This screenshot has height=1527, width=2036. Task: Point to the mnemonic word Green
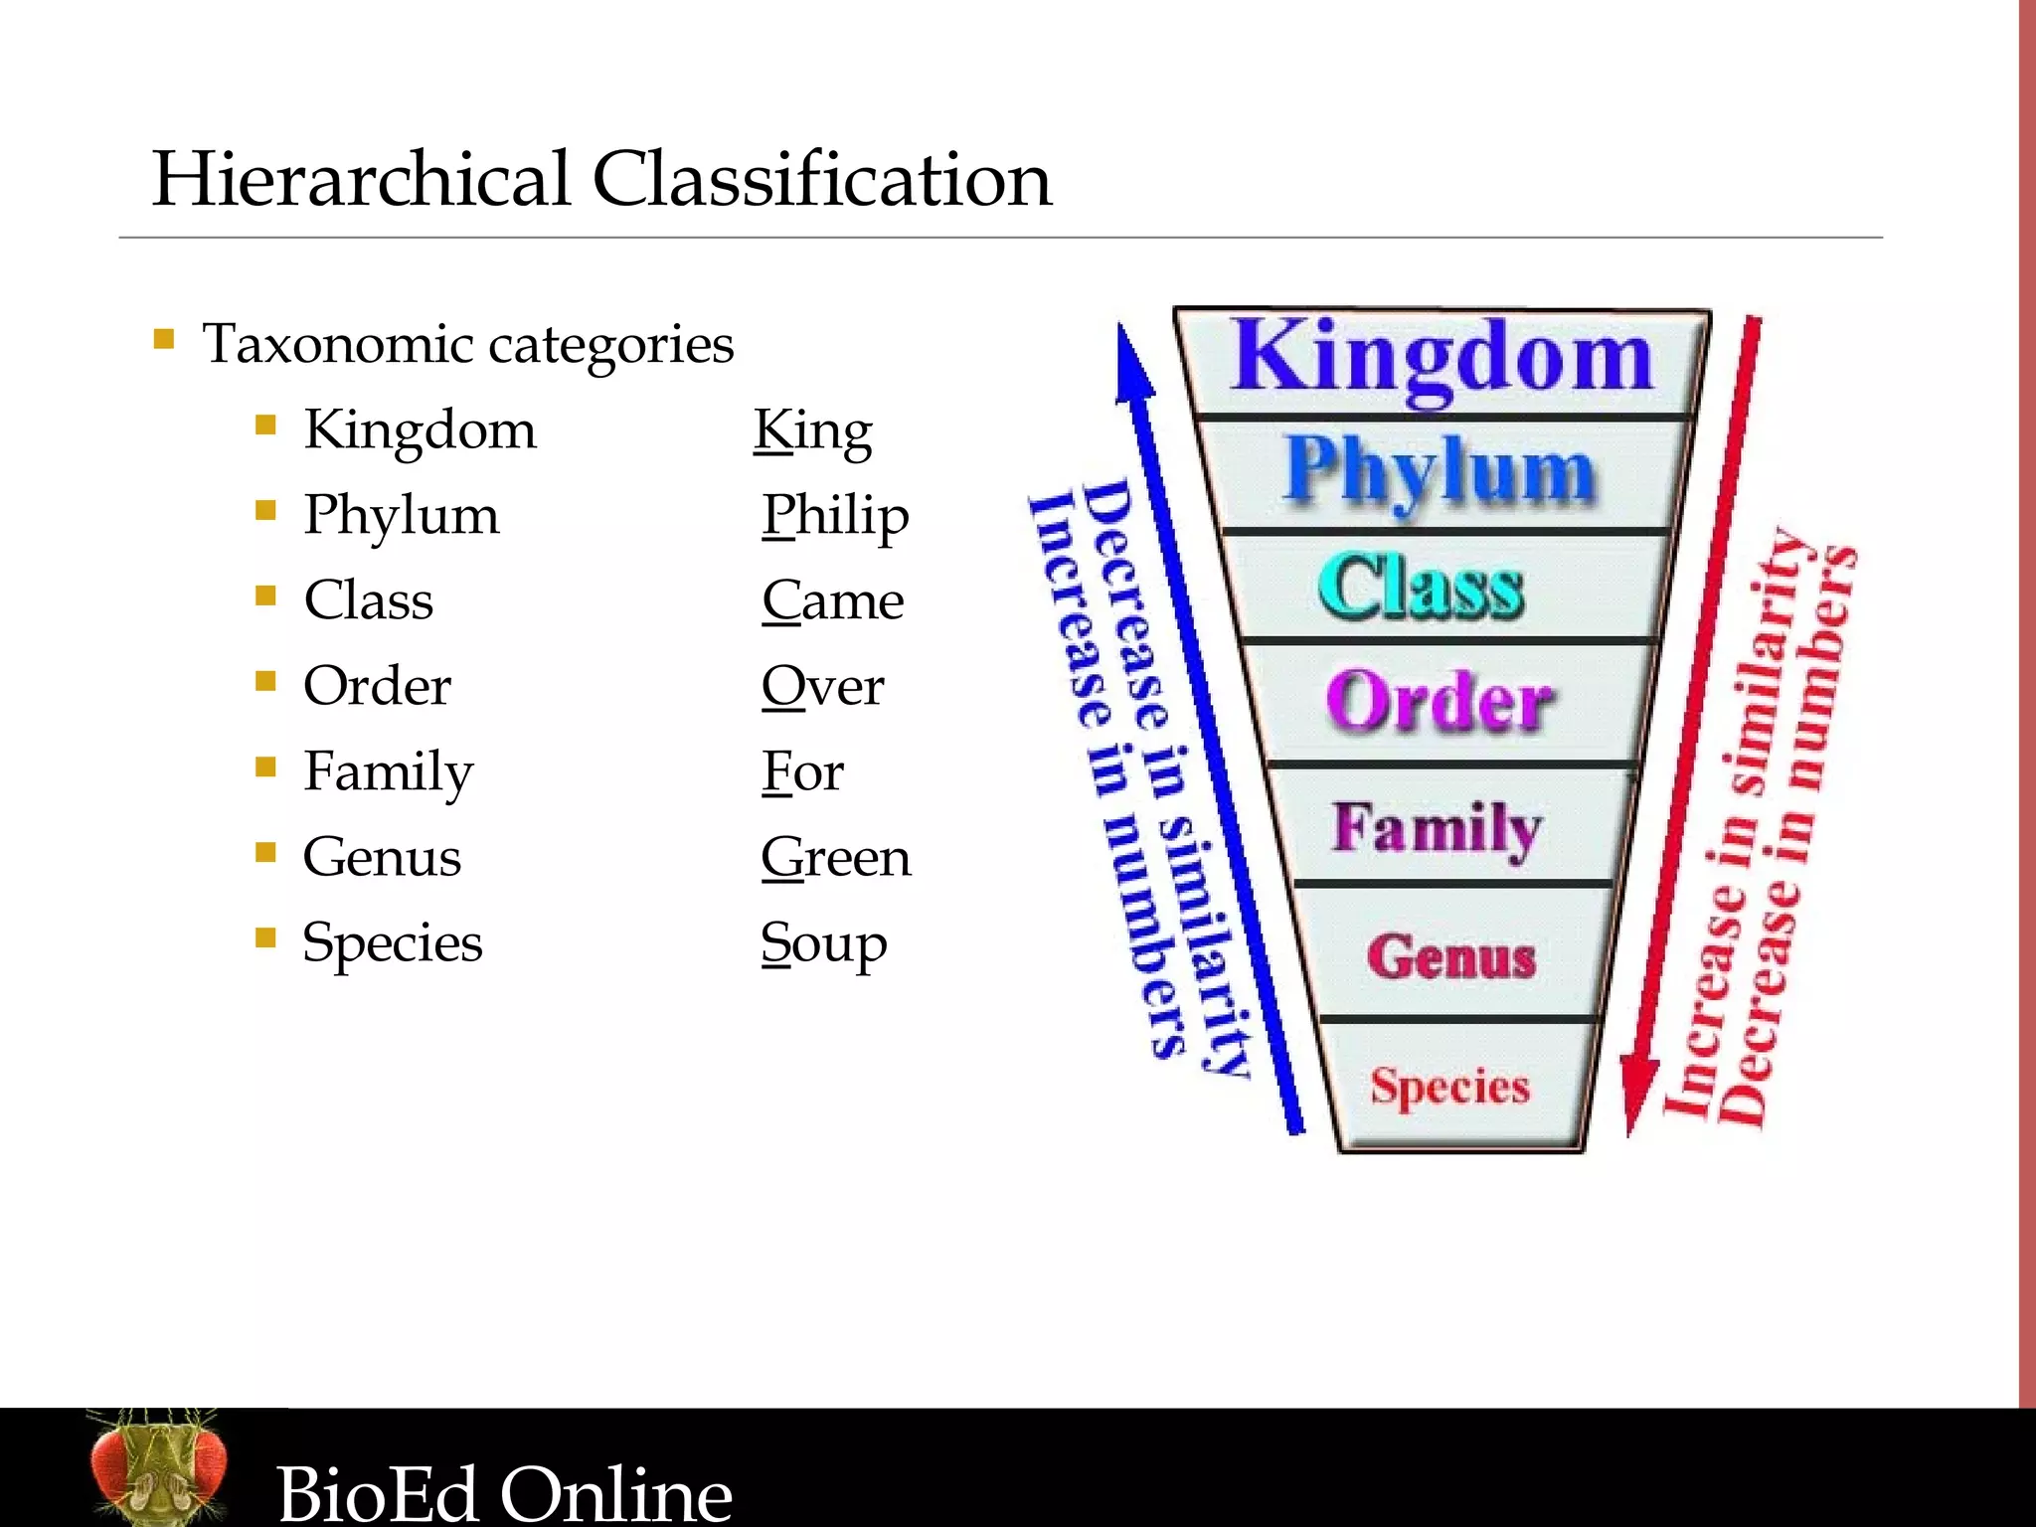click(x=835, y=857)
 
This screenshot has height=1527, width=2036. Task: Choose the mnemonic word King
click(x=813, y=431)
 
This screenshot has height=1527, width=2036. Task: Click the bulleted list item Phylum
click(x=402, y=515)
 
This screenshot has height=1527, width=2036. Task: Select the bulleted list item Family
click(x=389, y=772)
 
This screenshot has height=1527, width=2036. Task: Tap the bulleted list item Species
click(x=393, y=943)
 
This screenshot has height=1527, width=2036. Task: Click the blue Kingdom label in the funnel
click(x=1442, y=358)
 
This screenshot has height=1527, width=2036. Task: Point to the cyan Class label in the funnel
click(x=1422, y=587)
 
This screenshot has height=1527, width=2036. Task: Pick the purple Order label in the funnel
click(x=1440, y=701)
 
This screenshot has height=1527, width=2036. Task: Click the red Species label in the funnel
click(x=1449, y=1087)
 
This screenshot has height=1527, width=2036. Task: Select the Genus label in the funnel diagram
click(x=1451, y=956)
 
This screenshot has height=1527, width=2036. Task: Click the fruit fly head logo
click(x=157, y=1467)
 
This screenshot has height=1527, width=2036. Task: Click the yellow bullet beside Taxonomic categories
click(x=164, y=340)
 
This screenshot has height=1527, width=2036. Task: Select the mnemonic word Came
click(x=833, y=601)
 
